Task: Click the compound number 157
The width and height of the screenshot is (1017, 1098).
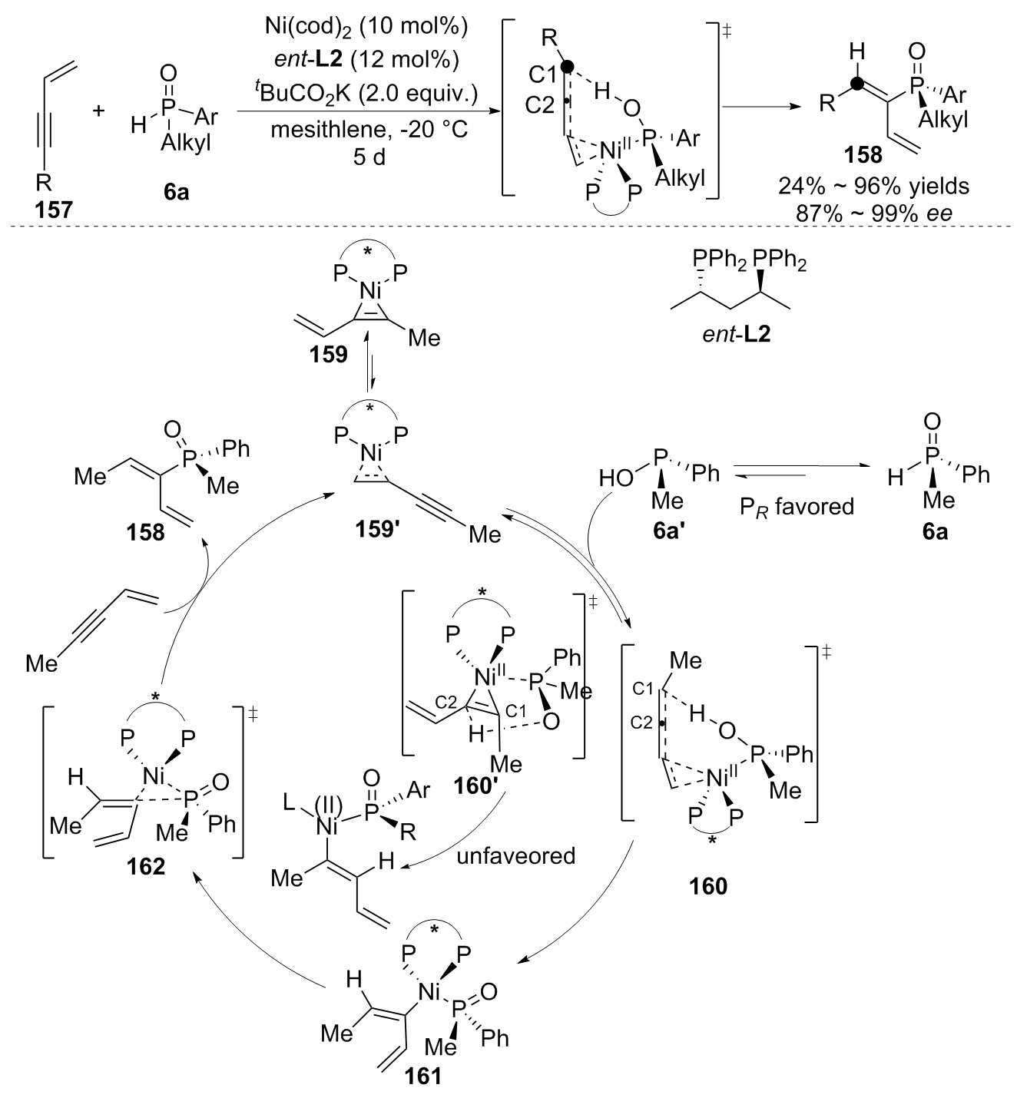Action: [54, 208]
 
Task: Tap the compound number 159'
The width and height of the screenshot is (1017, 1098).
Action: [378, 531]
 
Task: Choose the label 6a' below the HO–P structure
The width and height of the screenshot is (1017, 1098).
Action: [668, 530]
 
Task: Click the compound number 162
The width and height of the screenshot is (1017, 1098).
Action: [147, 866]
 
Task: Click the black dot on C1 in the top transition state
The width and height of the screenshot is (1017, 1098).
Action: [567, 67]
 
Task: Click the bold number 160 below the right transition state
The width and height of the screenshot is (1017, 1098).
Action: [707, 885]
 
